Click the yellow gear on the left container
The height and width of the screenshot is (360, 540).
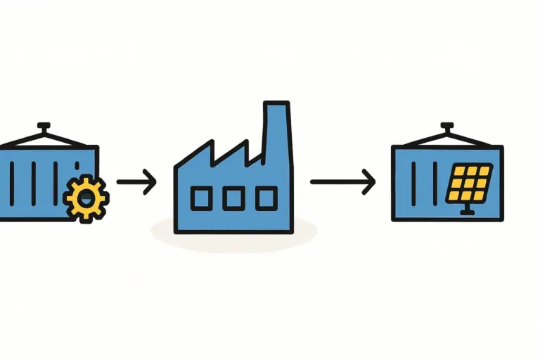(86, 197)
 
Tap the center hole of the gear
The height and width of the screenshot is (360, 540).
(86, 198)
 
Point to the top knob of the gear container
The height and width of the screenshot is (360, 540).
(44, 127)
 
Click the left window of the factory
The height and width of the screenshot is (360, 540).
(200, 199)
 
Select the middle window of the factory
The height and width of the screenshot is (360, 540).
(233, 199)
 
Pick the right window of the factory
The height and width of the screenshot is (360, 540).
(266, 199)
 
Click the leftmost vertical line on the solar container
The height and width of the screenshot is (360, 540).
(415, 184)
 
